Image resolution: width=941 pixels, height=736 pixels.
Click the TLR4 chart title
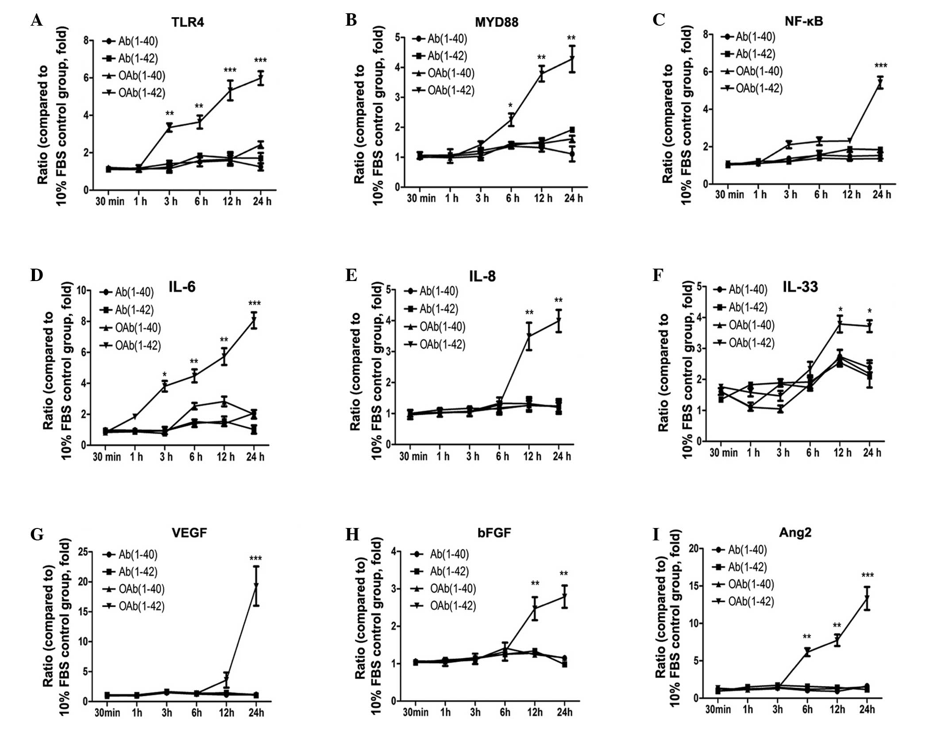pyautogui.click(x=188, y=22)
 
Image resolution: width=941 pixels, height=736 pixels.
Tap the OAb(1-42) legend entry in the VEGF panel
pyautogui.click(x=133, y=606)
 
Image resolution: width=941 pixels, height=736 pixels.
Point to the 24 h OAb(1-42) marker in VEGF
pyautogui.click(x=256, y=585)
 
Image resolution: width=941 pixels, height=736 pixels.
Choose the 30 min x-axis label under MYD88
pyautogui.click(x=421, y=198)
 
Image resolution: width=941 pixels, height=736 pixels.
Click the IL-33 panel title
pyautogui.click(x=800, y=287)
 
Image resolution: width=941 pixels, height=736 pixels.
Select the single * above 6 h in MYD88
pyautogui.click(x=510, y=106)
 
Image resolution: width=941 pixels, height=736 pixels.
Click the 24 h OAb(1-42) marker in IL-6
pyautogui.click(x=254, y=320)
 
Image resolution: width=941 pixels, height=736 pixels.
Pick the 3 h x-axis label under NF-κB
pyautogui.click(x=791, y=194)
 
